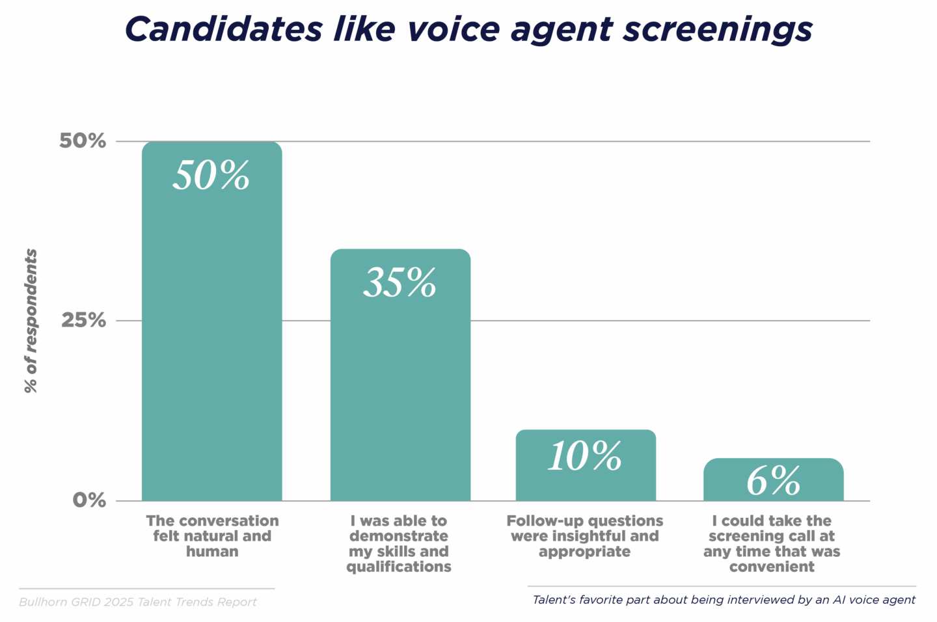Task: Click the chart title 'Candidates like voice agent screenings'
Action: pyautogui.click(x=468, y=30)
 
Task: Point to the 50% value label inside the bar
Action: pyautogui.click(x=211, y=176)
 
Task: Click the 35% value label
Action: pyautogui.click(x=400, y=283)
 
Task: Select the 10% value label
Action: pyautogui.click(x=585, y=456)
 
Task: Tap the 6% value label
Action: pyautogui.click(x=773, y=481)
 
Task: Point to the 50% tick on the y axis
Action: pyautogui.click(x=83, y=141)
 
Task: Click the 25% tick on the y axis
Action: pyautogui.click(x=83, y=320)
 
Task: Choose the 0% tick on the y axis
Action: pyautogui.click(x=89, y=500)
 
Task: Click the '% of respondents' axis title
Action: pyautogui.click(x=31, y=321)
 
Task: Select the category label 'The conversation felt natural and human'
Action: pyautogui.click(x=212, y=536)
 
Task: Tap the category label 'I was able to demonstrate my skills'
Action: pyautogui.click(x=399, y=543)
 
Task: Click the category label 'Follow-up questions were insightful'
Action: pyautogui.click(x=585, y=536)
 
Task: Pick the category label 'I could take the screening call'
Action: pyautogui.click(x=772, y=543)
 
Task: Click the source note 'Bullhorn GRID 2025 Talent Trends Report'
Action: pyautogui.click(x=138, y=602)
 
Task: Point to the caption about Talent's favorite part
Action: pyautogui.click(x=724, y=600)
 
